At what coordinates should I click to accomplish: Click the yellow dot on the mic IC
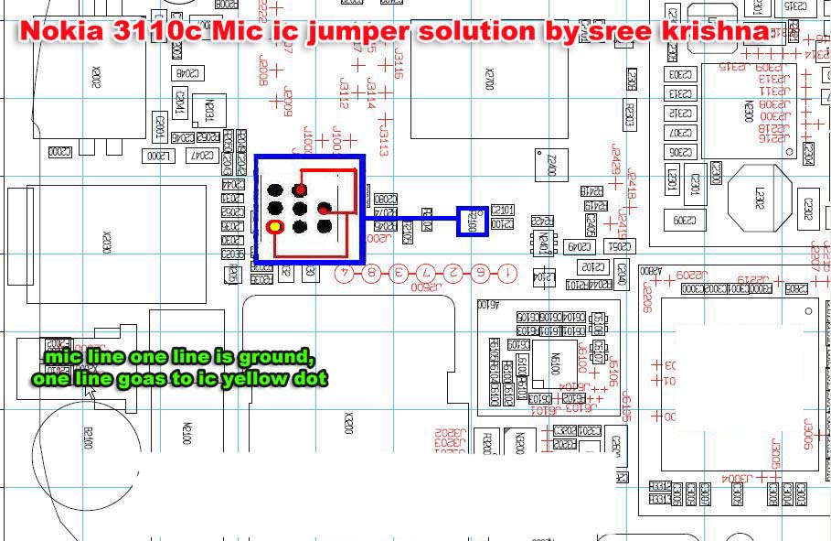tap(274, 226)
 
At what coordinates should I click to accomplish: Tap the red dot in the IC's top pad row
tap(300, 189)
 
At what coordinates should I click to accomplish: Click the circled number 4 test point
tap(345, 273)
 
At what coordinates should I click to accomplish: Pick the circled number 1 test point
tap(507, 273)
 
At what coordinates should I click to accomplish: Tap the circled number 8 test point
tap(371, 273)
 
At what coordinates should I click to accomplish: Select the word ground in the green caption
tap(281, 357)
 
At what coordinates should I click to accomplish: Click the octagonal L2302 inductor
tap(759, 197)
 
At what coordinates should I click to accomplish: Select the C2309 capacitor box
tap(683, 221)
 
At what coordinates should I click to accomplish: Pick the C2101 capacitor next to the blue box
tap(503, 211)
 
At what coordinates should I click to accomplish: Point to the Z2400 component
tap(550, 166)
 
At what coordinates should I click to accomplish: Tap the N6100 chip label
tap(552, 364)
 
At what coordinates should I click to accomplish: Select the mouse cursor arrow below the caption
tap(90, 394)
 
